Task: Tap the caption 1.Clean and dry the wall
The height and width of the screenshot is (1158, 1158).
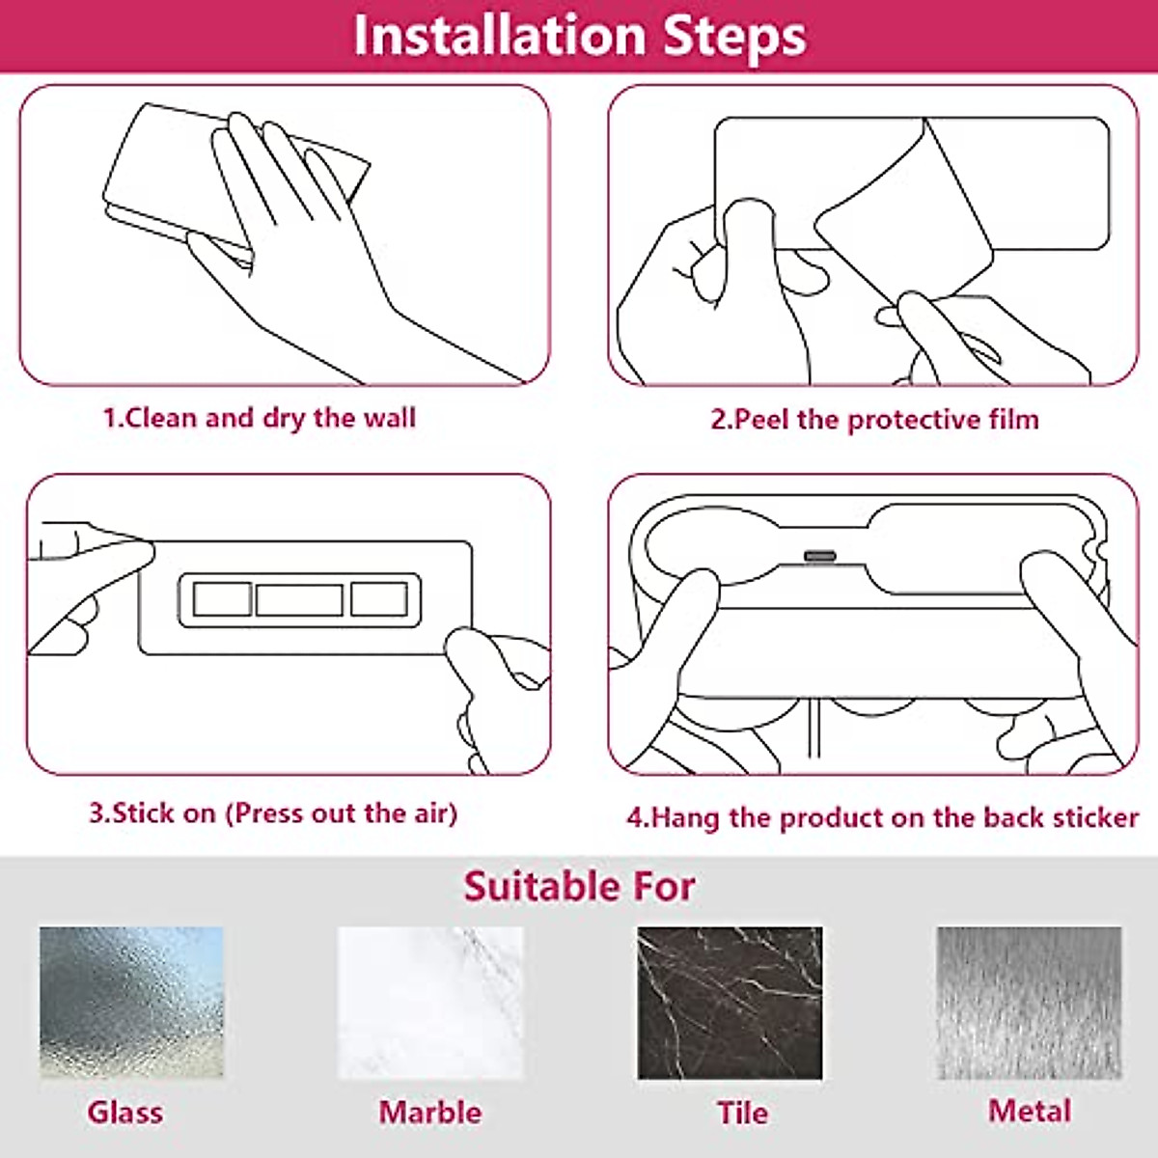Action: point(260,418)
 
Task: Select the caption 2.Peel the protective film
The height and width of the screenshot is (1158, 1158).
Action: point(874,420)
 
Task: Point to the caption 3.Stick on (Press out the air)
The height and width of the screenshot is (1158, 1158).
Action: point(273,813)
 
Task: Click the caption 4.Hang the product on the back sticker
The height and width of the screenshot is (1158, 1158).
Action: point(882,818)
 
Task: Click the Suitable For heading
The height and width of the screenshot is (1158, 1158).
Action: point(579,886)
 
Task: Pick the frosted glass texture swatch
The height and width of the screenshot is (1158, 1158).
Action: point(131,1002)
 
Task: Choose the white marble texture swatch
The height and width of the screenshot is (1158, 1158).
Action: point(430,1002)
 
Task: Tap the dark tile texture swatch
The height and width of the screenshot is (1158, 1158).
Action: point(730,1002)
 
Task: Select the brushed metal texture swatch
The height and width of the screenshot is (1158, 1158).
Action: point(1029,1002)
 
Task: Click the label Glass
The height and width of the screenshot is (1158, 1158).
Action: point(124,1112)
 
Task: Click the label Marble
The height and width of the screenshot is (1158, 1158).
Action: point(429,1112)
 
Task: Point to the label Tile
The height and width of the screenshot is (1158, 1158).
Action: point(742,1113)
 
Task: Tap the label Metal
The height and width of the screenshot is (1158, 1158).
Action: point(1029,1111)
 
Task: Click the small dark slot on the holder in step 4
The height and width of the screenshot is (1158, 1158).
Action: point(821,556)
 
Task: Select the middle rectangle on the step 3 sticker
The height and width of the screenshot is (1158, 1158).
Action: point(299,599)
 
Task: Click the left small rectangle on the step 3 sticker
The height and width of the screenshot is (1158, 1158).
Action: point(222,599)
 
